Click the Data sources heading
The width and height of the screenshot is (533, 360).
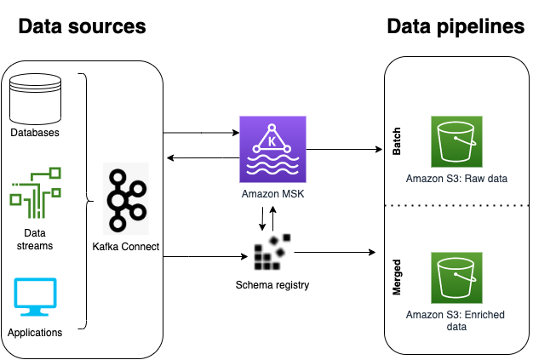click(x=83, y=27)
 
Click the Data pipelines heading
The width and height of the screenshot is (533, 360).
click(x=456, y=27)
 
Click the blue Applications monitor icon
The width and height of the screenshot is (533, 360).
click(x=35, y=297)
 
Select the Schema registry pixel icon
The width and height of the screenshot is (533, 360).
click(x=272, y=250)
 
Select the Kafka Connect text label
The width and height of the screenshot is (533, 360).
click(x=126, y=247)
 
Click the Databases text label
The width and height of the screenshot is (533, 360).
click(x=35, y=132)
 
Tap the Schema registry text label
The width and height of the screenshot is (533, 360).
click(x=272, y=284)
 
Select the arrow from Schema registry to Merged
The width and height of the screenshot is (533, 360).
click(x=332, y=252)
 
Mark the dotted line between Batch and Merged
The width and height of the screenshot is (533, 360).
click(x=456, y=206)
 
